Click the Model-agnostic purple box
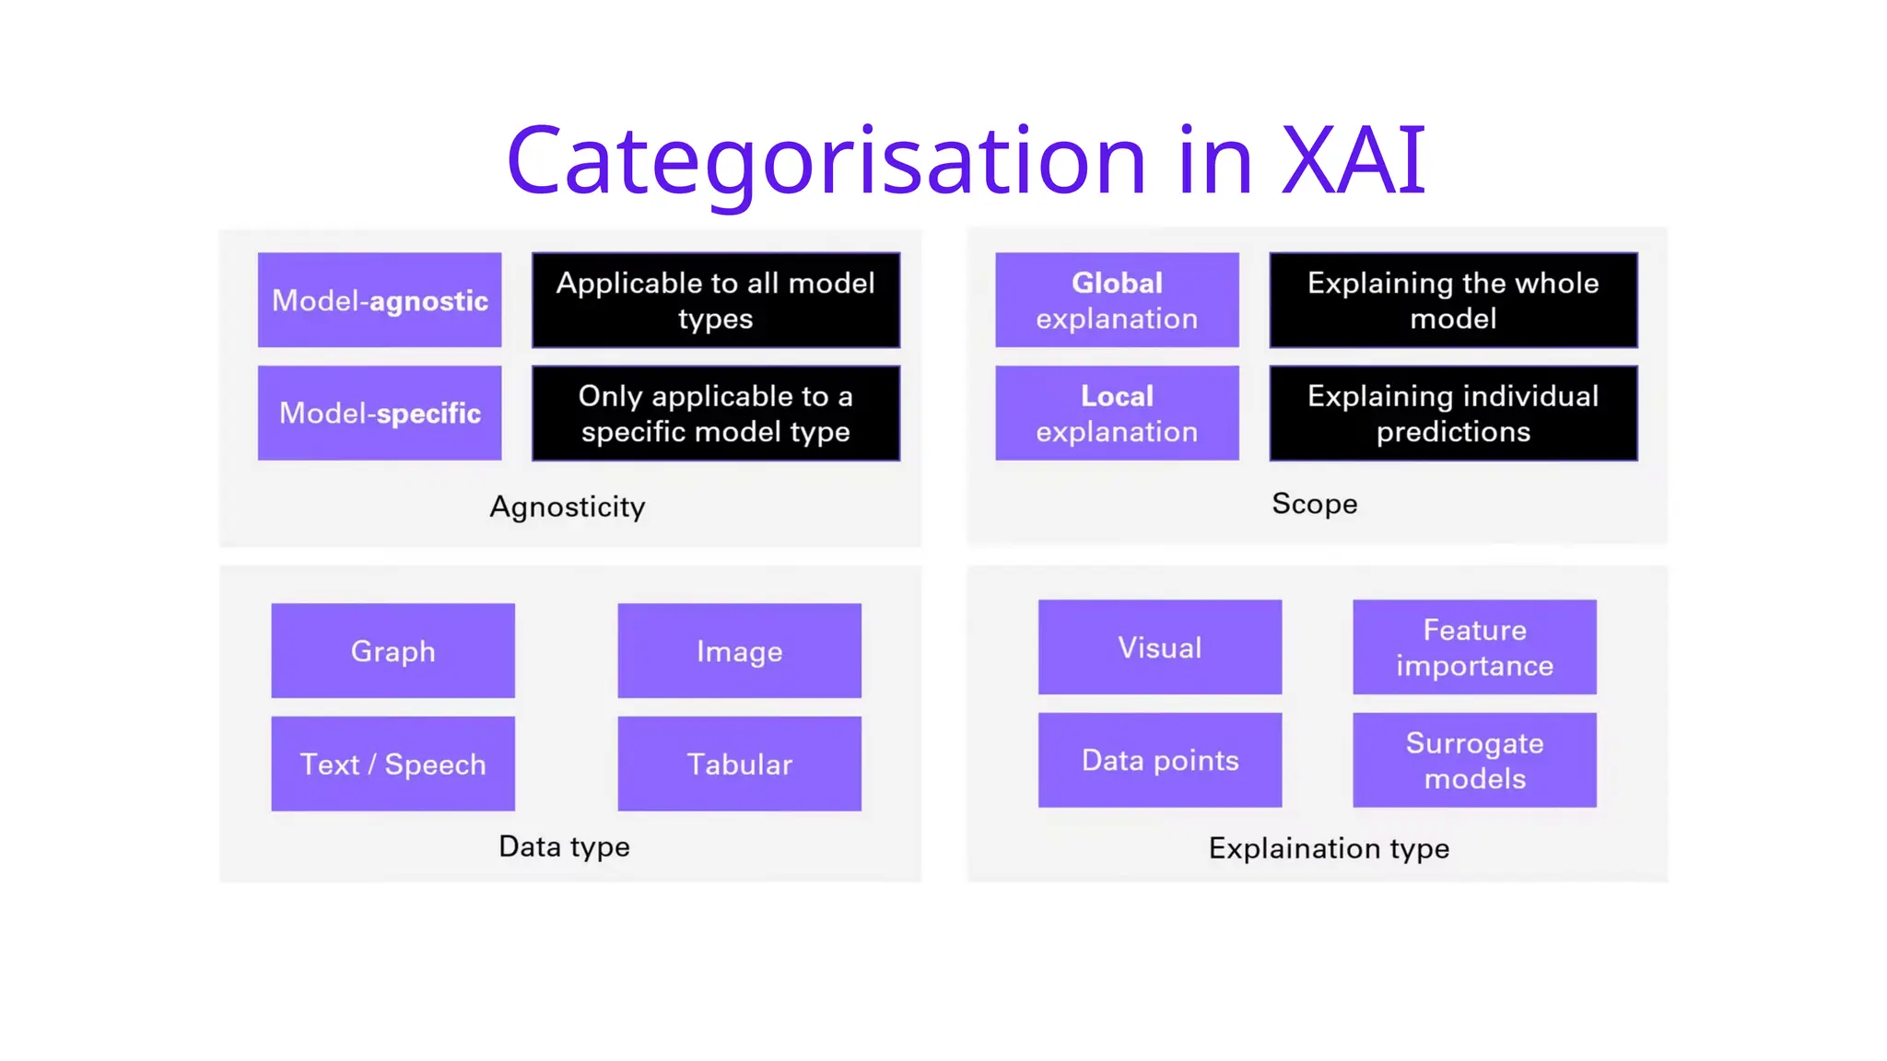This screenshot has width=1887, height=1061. click(x=380, y=300)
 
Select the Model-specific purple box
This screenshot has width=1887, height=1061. click(x=380, y=413)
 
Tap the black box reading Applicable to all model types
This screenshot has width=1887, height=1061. click(x=716, y=300)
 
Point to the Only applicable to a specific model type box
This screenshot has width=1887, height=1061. click(x=716, y=413)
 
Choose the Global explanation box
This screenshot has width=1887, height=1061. click(x=1117, y=300)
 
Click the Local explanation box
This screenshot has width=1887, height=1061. click(x=1117, y=413)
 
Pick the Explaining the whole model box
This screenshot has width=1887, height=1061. click(x=1453, y=300)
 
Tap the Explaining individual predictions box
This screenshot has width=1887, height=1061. click(x=1453, y=413)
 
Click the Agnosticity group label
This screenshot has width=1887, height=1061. click(x=568, y=507)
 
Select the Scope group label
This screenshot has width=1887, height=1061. click(x=1315, y=504)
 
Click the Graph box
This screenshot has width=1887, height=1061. click(x=393, y=650)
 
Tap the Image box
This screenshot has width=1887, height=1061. click(x=739, y=650)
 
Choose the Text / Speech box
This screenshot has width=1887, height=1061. click(x=393, y=764)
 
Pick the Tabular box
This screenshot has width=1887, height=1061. click(x=739, y=764)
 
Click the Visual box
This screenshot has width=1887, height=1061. click(x=1160, y=647)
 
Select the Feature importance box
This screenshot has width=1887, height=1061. click(x=1474, y=647)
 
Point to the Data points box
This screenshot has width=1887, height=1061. click(x=1160, y=760)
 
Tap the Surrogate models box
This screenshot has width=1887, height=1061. click(x=1474, y=760)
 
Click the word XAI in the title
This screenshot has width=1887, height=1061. click(x=1354, y=161)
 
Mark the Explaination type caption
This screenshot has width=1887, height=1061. click(x=1329, y=847)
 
